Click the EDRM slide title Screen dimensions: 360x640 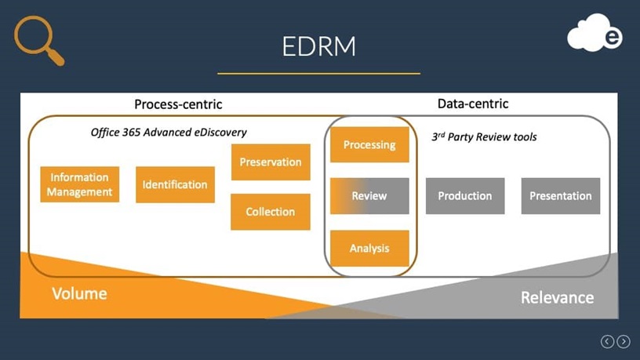[318, 46]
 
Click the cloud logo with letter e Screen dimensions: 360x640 [595, 34]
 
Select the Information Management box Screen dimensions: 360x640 [79, 184]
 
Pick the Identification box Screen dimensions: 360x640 [175, 184]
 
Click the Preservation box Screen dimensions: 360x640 [271, 162]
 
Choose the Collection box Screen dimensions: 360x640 [271, 212]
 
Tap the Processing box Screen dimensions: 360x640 [369, 144]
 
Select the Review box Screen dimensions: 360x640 [369, 196]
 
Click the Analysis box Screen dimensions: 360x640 [369, 248]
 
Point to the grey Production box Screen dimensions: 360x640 [465, 196]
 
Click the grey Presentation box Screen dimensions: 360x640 [561, 196]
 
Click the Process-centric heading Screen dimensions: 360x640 [178, 104]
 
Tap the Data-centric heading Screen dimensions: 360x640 [472, 104]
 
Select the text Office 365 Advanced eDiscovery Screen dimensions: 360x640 [169, 133]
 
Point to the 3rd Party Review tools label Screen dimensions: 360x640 [484, 136]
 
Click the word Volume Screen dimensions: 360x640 [79, 294]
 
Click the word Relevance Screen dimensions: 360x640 [557, 297]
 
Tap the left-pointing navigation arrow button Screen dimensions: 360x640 [607, 341]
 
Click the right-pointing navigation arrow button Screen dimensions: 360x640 [624, 341]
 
